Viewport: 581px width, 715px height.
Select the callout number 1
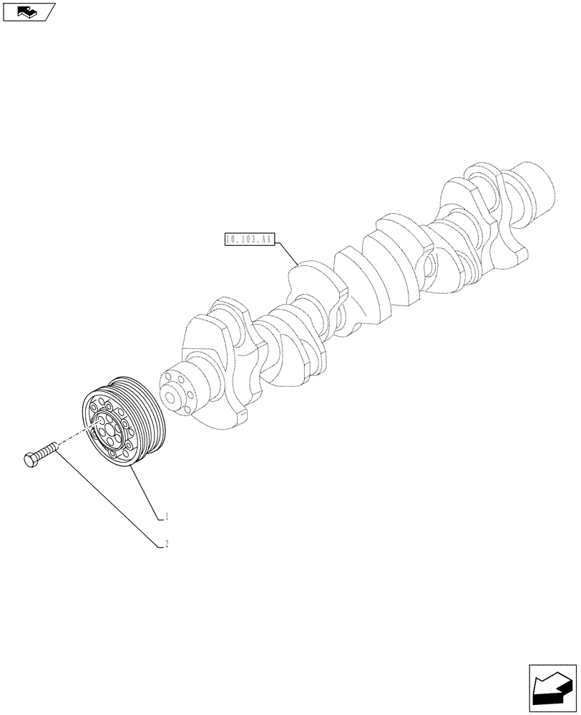click(167, 515)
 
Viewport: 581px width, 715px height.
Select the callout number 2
click(167, 544)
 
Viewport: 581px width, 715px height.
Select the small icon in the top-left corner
click(28, 11)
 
